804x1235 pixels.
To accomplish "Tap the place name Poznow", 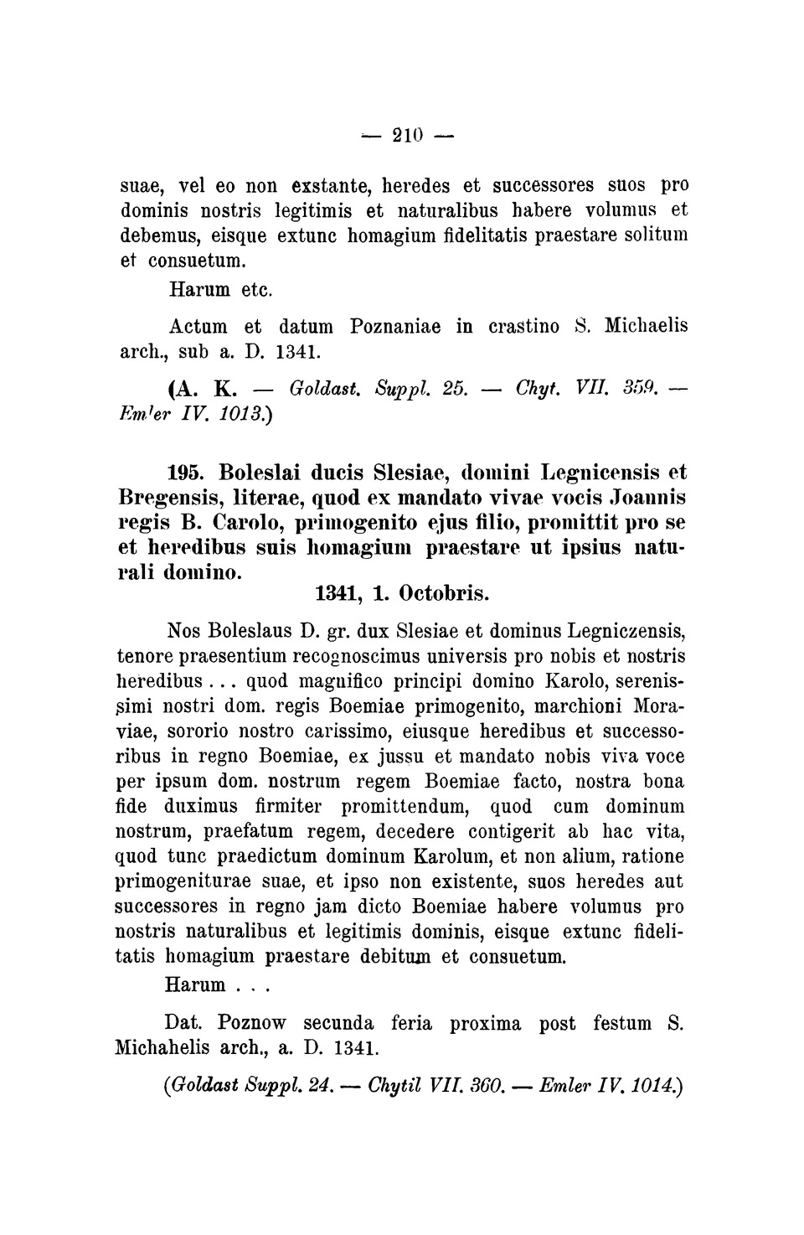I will pyautogui.click(x=251, y=1023).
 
